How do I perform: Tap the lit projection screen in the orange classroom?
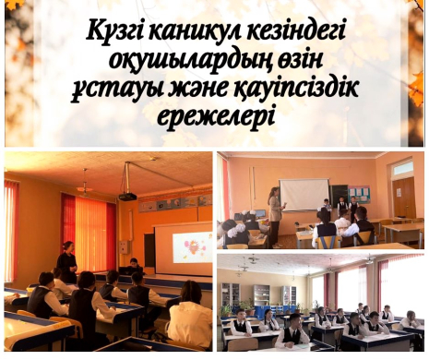pos(182,247)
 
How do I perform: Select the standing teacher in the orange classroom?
pos(66,262)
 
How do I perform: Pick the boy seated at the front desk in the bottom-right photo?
pos(293,330)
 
